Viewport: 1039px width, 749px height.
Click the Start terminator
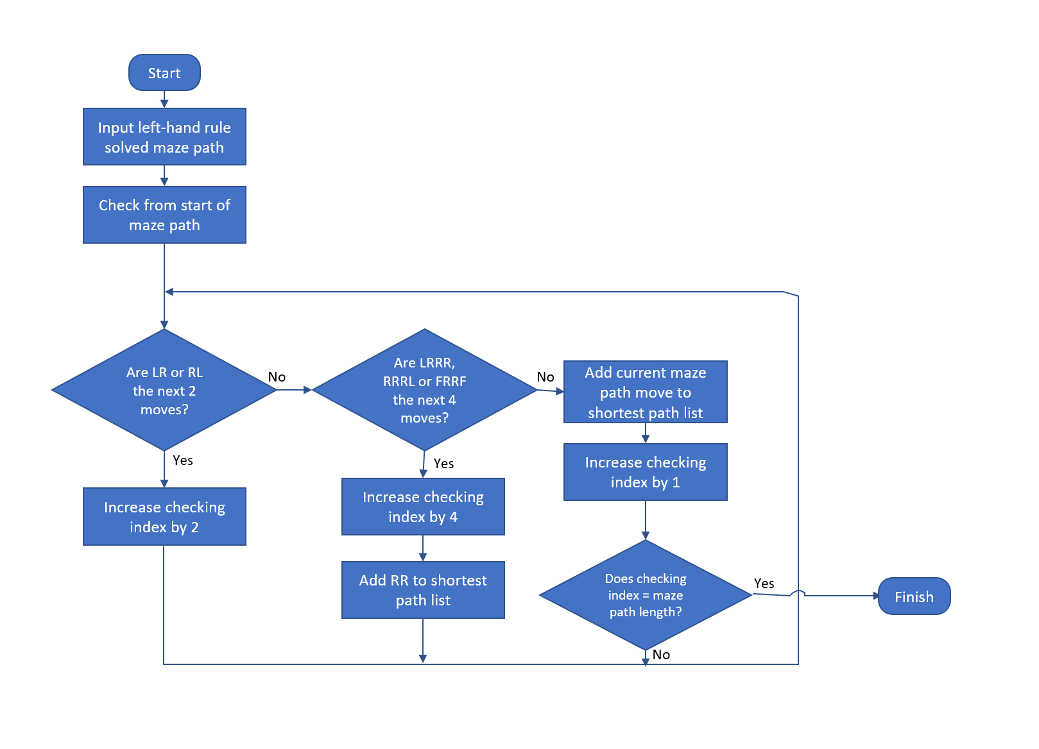(x=164, y=72)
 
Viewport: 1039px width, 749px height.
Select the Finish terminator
(x=914, y=596)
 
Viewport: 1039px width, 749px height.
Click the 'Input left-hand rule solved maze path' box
(x=164, y=137)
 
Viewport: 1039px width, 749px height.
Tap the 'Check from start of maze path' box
(x=164, y=215)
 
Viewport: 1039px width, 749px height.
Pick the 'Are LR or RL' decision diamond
(x=164, y=390)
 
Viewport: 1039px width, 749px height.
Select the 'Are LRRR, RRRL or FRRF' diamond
(x=424, y=390)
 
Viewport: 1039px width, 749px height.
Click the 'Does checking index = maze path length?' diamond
(x=646, y=595)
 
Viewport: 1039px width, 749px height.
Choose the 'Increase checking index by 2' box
(x=164, y=517)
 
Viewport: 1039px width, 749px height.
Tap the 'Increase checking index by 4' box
(x=423, y=507)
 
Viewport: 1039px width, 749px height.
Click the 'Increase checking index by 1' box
(x=646, y=472)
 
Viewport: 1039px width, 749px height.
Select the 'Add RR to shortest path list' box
(x=423, y=590)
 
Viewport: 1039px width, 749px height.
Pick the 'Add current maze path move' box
(x=646, y=392)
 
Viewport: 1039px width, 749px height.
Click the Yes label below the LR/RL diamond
(x=183, y=460)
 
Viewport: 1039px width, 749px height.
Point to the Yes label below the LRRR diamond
(x=443, y=464)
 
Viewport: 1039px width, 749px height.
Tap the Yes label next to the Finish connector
(x=764, y=584)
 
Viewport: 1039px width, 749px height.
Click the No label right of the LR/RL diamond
(x=277, y=377)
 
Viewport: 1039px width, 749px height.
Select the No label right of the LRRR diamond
(x=545, y=377)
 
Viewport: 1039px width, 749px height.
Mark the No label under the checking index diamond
(x=661, y=655)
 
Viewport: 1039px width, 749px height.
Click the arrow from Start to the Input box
(x=164, y=99)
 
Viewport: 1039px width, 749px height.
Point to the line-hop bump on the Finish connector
(x=798, y=593)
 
